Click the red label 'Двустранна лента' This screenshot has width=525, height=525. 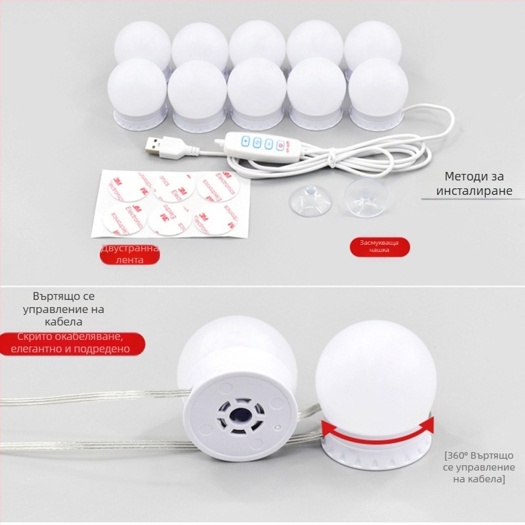129,255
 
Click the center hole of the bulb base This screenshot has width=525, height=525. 238,416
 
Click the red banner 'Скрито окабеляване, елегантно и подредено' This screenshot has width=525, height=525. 72,344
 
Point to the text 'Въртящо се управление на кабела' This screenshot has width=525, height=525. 63,309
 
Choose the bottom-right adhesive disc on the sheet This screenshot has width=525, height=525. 217,221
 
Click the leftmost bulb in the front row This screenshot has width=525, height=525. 136,91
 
